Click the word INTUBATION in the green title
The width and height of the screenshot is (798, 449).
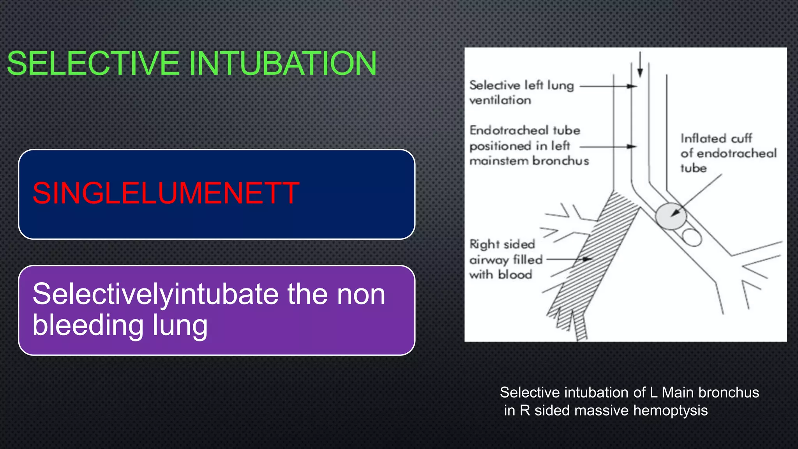pyautogui.click(x=283, y=63)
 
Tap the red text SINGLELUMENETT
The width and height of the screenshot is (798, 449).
pyautogui.click(x=166, y=193)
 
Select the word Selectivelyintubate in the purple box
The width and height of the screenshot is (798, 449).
pyautogui.click(x=156, y=295)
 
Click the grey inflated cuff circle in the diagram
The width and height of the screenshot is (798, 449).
pyautogui.click(x=670, y=216)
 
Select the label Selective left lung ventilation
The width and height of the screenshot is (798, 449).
pyautogui.click(x=521, y=92)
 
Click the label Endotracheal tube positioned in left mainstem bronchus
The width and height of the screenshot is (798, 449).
pyautogui.click(x=528, y=145)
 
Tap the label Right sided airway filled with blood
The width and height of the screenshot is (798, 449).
pyautogui.click(x=505, y=259)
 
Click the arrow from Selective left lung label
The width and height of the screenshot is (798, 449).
pyautogui.click(x=608, y=86)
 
